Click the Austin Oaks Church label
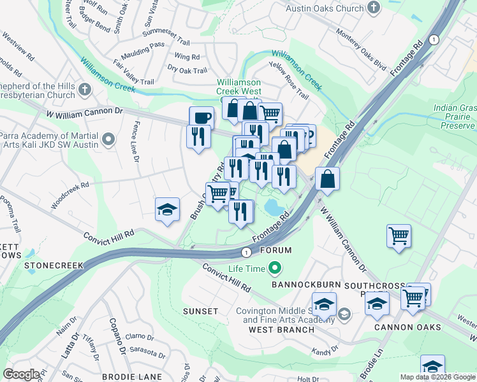click(324, 9)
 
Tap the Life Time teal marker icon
click(275, 269)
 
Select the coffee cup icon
click(202, 117)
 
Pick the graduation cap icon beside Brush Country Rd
click(166, 209)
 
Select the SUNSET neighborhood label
click(201, 311)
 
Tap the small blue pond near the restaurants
click(272, 207)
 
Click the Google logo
click(21, 374)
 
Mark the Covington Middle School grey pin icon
click(344, 313)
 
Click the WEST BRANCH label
click(281, 330)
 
